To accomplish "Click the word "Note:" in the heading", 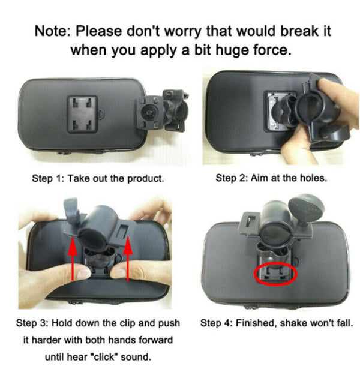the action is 52,31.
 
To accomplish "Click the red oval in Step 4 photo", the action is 275,274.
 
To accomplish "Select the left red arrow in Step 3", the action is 73,258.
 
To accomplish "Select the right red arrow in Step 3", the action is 128,259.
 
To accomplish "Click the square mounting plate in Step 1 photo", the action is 83,114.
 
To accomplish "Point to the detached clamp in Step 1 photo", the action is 162,110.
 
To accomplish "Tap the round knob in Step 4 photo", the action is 306,205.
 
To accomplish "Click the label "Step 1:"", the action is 48,179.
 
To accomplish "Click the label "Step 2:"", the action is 232,178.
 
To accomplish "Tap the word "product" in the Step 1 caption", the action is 145,179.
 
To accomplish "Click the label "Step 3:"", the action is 32,323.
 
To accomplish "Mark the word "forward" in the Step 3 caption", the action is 156,340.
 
